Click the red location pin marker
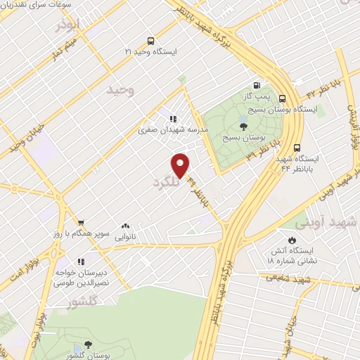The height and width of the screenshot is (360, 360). point(181,165)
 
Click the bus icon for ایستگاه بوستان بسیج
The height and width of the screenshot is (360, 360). point(282,99)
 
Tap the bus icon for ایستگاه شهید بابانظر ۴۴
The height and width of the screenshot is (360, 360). point(297,148)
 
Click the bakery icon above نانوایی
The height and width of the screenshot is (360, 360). point(125,226)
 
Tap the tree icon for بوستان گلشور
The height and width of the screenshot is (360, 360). point(88,344)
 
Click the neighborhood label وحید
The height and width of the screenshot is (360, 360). point(120,90)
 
